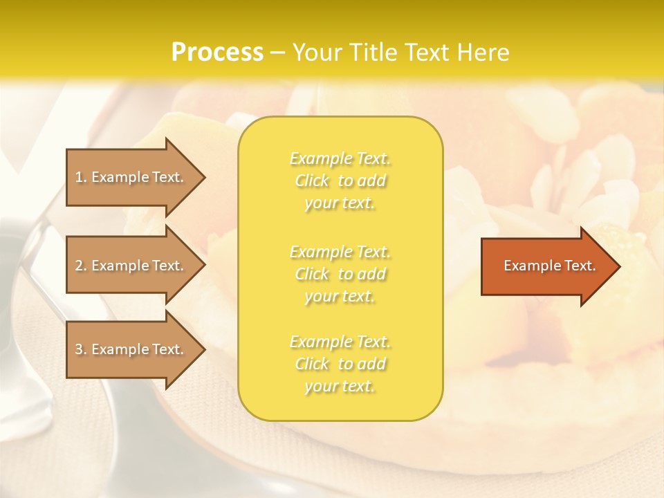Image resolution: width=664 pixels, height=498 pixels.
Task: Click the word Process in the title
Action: click(x=217, y=53)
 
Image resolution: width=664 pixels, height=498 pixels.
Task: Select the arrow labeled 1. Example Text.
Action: click(x=131, y=177)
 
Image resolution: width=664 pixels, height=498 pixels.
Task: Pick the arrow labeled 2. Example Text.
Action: click(x=131, y=266)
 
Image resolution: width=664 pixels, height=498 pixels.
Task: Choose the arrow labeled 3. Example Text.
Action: click(x=131, y=349)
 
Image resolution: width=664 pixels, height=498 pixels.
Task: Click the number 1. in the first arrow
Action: click(x=81, y=177)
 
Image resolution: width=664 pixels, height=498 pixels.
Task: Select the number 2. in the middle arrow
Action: click(x=81, y=266)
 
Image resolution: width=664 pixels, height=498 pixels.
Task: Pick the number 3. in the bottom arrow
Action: click(x=81, y=349)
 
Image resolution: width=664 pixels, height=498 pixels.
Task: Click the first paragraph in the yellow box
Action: click(x=340, y=181)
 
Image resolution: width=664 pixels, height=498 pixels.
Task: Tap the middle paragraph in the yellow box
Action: click(x=340, y=274)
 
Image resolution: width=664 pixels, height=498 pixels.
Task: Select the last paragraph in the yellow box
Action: click(x=340, y=364)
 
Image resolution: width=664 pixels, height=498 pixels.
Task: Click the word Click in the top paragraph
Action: click(x=312, y=181)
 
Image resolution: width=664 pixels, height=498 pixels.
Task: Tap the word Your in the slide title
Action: click(x=317, y=53)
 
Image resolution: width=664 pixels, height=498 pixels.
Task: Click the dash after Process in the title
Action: click(x=277, y=53)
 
